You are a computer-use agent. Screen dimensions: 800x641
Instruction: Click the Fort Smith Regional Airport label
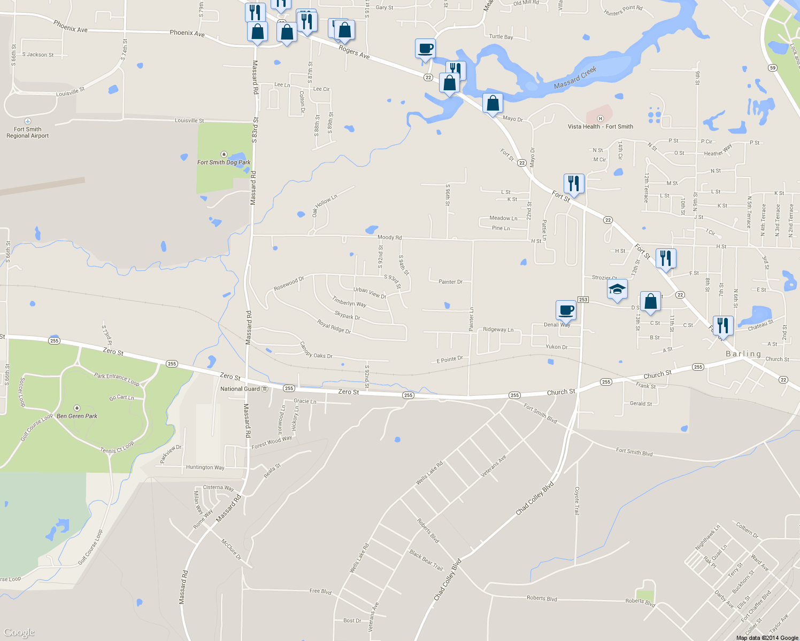point(27,132)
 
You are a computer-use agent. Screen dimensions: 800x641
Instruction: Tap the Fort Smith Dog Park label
point(224,162)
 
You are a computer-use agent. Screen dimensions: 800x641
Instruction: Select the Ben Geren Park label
point(77,416)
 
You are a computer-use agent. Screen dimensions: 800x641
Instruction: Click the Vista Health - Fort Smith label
point(600,127)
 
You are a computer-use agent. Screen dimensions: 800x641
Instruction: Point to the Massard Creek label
point(575,78)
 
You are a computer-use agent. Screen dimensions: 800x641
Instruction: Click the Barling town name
point(743,354)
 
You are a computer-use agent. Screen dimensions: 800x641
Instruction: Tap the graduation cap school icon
point(617,290)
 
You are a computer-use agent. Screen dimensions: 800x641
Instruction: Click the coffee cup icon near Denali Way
point(566,310)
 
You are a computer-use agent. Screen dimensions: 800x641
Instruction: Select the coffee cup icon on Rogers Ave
point(425,49)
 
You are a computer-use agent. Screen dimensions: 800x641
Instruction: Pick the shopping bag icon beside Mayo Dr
point(493,103)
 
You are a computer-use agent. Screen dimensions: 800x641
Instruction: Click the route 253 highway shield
point(583,300)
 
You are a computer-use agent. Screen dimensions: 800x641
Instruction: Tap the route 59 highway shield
point(772,68)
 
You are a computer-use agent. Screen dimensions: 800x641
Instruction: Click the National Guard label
point(240,389)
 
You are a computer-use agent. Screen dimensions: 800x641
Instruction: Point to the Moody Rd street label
point(389,237)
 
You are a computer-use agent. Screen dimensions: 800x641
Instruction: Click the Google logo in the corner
point(19,632)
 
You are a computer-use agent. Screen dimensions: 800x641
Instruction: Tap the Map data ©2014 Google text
point(767,638)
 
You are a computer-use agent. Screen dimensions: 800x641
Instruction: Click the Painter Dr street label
point(450,282)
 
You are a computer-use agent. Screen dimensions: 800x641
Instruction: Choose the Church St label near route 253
point(561,392)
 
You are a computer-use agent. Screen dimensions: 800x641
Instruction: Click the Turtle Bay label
point(501,37)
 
